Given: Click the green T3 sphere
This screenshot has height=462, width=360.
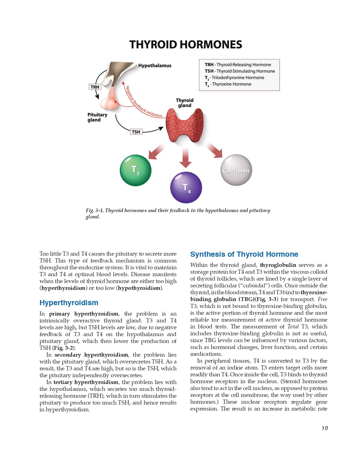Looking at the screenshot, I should click(135, 170).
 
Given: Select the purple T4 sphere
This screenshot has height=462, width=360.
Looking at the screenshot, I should click(186, 187).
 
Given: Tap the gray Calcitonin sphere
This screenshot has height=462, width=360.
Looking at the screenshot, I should click(236, 170).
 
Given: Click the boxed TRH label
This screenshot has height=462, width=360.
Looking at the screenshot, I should click(95, 87).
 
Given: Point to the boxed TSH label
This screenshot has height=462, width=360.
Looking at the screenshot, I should click(136, 132).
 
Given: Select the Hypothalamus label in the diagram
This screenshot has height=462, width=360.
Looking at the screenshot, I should click(155, 66).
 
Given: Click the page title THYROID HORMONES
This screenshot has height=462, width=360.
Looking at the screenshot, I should click(186, 45).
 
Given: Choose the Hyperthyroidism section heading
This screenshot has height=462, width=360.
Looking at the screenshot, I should click(69, 303).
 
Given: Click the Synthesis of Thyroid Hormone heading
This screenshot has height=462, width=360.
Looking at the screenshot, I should click(244, 254).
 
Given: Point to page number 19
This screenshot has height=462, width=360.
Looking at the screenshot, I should click(325, 428).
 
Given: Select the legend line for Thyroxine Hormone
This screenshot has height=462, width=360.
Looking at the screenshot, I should click(228, 84).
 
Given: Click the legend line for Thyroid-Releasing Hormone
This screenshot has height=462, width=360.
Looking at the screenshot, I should click(238, 65).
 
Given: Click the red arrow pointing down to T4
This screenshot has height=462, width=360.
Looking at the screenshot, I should click(186, 157).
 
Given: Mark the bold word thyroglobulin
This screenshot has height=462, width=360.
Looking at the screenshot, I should click(278, 265).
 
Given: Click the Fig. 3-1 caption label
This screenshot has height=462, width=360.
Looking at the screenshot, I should click(94, 210).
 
